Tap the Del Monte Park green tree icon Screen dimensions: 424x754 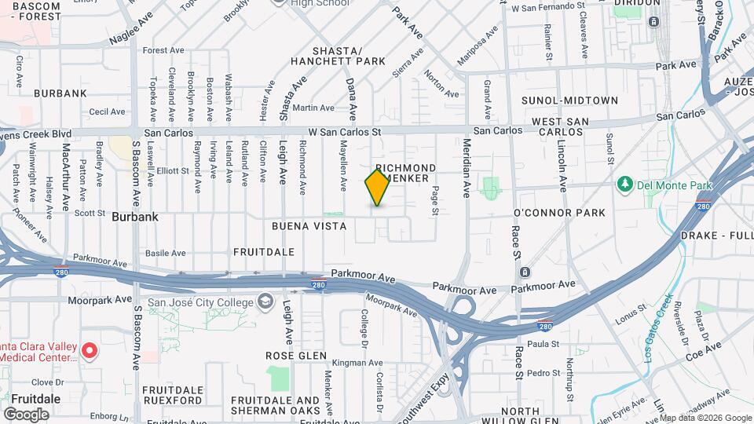[626, 184]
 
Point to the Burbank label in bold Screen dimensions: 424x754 [135, 217]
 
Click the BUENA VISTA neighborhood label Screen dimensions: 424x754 [309, 226]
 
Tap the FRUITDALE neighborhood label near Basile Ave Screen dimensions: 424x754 [264, 252]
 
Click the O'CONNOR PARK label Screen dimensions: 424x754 [559, 213]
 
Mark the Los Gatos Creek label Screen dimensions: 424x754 [658, 328]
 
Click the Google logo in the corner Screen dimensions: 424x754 [26, 414]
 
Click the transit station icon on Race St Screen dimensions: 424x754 [525, 272]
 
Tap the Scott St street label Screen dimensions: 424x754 [90, 213]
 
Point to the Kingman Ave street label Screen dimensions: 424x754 [357, 363]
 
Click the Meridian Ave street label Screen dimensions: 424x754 [467, 166]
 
